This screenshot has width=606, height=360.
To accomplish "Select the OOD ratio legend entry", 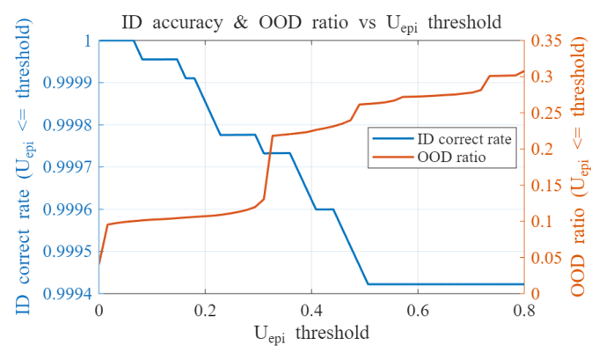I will tap(439, 157).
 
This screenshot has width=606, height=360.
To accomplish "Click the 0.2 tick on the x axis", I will tap(205, 311).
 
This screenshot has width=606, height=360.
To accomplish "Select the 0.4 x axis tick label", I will tap(311, 311).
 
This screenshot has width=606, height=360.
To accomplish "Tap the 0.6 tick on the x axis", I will tap(418, 311).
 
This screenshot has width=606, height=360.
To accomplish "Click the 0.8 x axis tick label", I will tap(523, 311).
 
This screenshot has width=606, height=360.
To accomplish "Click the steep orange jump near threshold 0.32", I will tap(269, 167).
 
